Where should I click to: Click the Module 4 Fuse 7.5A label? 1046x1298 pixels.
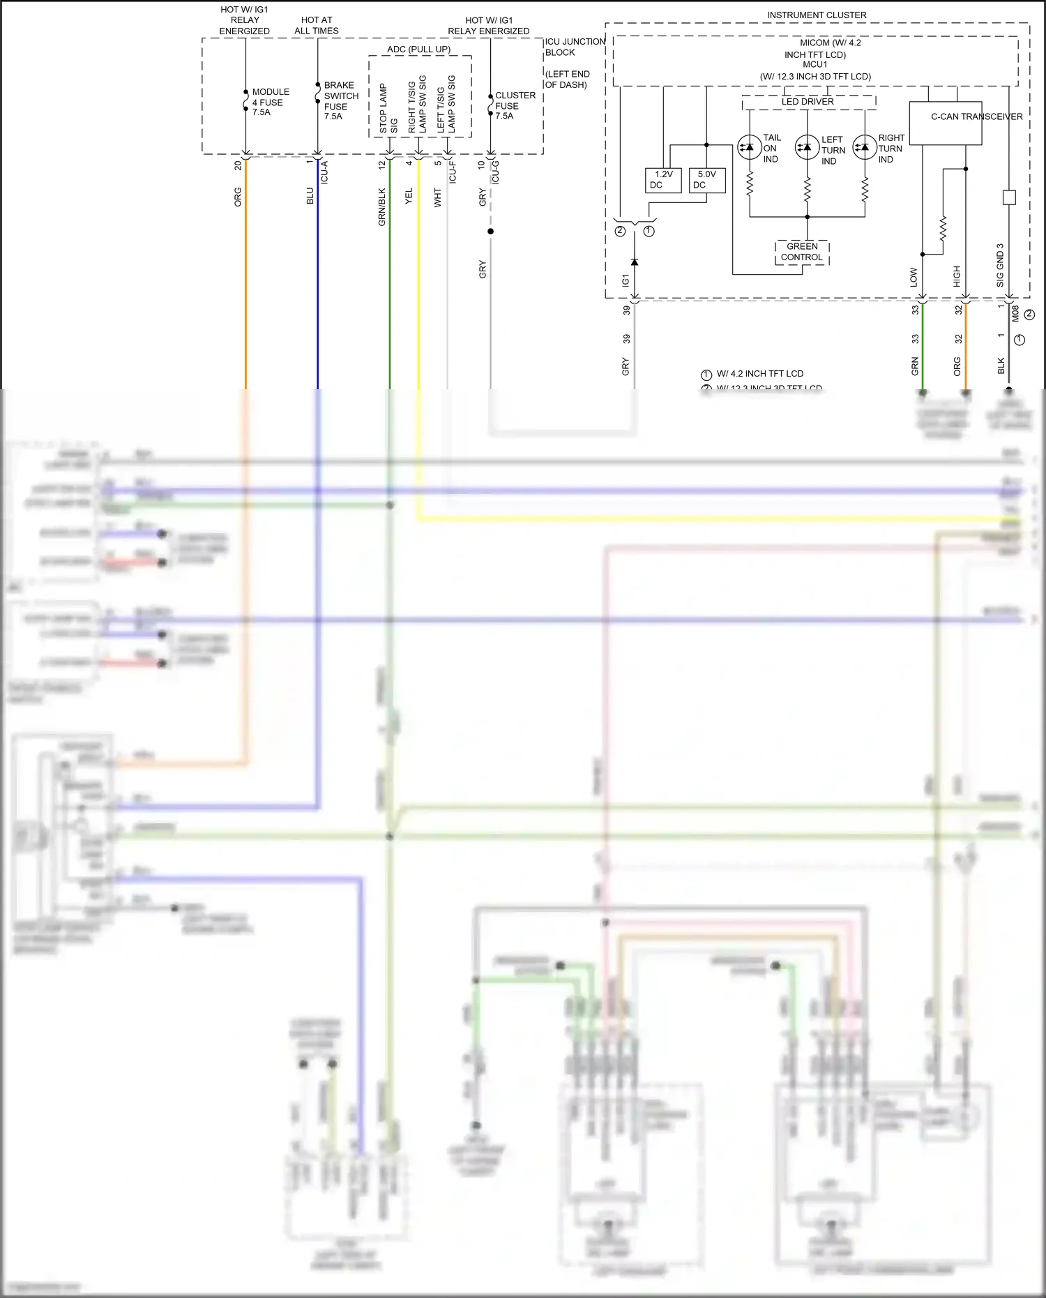pos(270,102)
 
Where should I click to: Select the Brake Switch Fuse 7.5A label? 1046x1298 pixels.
pos(340,100)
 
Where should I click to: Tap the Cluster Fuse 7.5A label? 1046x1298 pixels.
pos(515,105)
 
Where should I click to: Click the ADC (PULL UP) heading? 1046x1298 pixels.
pos(418,50)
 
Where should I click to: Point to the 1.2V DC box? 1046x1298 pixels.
pos(663,180)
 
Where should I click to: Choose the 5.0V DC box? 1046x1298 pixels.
pos(706,180)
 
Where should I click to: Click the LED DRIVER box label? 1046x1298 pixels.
pos(808,102)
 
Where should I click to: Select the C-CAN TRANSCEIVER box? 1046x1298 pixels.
pos(946,123)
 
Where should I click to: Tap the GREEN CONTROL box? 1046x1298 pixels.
pos(802,252)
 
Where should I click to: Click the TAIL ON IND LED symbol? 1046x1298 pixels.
pos(749,147)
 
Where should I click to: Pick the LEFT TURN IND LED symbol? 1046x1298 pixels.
pos(807,147)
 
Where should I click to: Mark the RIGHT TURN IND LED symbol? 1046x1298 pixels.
pos(865,147)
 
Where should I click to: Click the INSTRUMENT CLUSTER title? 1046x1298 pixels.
pos(817,15)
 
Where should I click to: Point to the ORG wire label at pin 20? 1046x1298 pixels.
pos(238,197)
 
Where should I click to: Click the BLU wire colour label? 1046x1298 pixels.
pos(310,196)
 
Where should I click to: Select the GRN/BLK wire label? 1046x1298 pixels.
pos(381,206)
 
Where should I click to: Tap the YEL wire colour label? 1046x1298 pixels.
pos(409,196)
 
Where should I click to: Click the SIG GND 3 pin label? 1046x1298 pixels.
pos(1000,265)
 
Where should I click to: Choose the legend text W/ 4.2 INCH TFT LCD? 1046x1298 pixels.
pos(759,374)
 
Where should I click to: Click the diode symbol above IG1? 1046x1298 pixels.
pos(634,262)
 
